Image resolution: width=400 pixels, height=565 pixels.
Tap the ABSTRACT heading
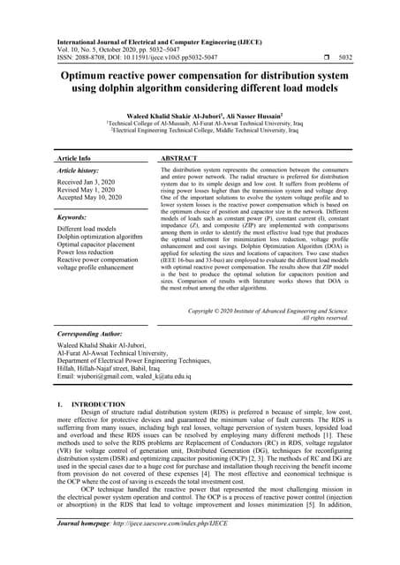pos(184,156)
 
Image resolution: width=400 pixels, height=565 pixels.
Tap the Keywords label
pos(72,215)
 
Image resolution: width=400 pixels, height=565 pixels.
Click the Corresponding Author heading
pos(92,335)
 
